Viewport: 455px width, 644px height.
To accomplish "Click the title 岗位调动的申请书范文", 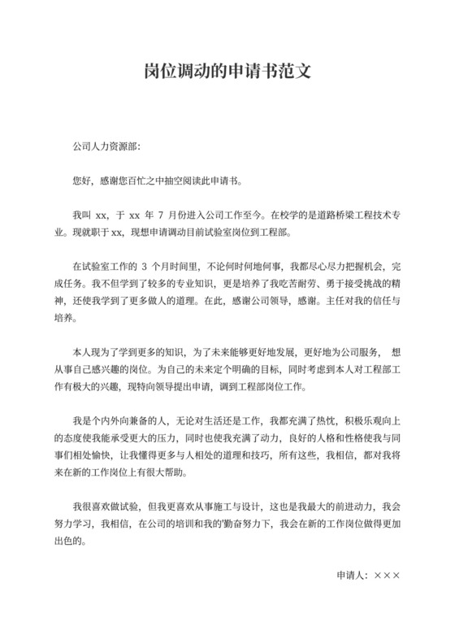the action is (x=227, y=73).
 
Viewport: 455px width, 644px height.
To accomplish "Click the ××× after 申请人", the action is (x=387, y=575).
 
